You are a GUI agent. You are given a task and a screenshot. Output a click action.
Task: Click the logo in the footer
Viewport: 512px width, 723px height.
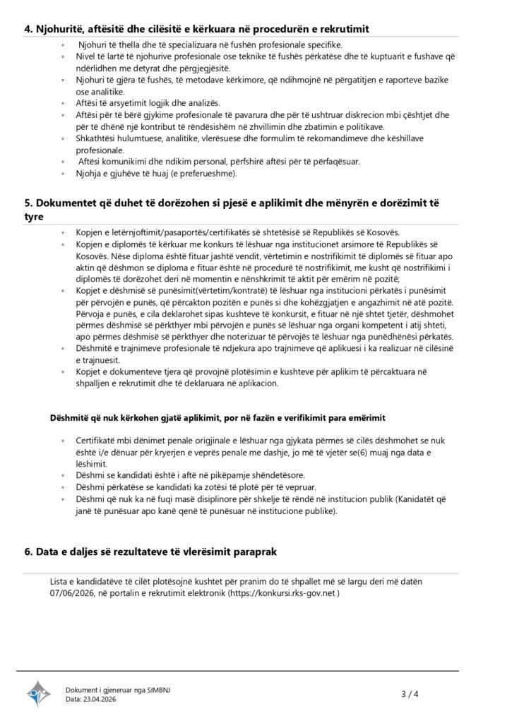pyautogui.click(x=40, y=694)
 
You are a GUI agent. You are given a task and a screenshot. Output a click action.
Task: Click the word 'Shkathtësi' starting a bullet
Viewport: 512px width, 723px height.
pyautogui.click(x=94, y=138)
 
